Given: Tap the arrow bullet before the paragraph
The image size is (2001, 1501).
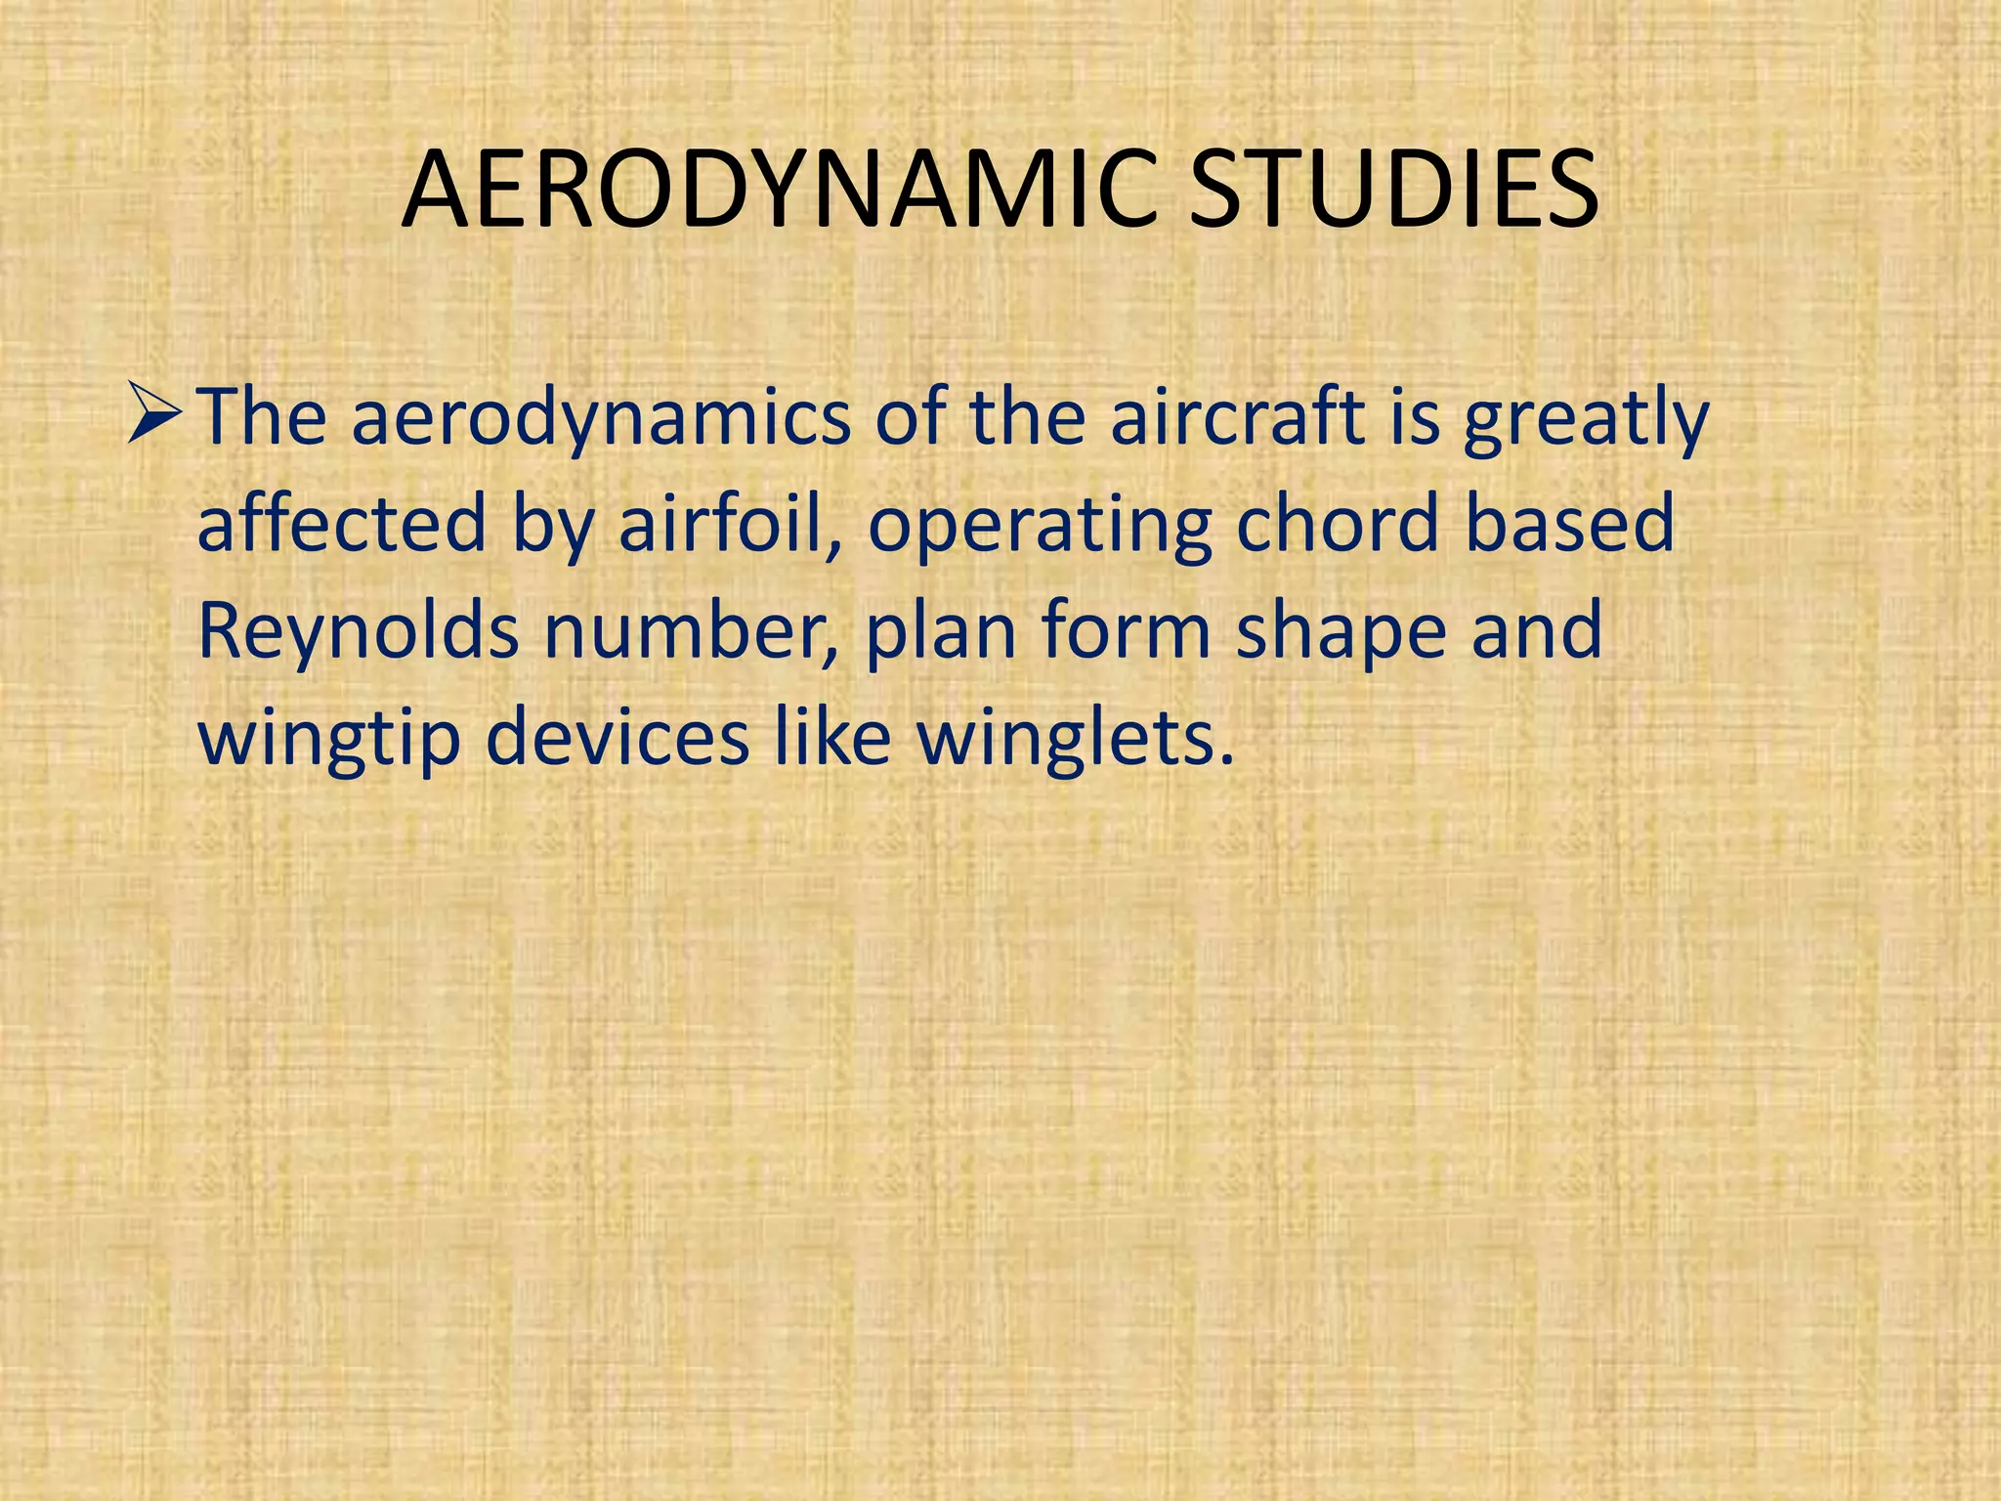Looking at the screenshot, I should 154,415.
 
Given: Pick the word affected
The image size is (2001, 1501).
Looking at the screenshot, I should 341,523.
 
